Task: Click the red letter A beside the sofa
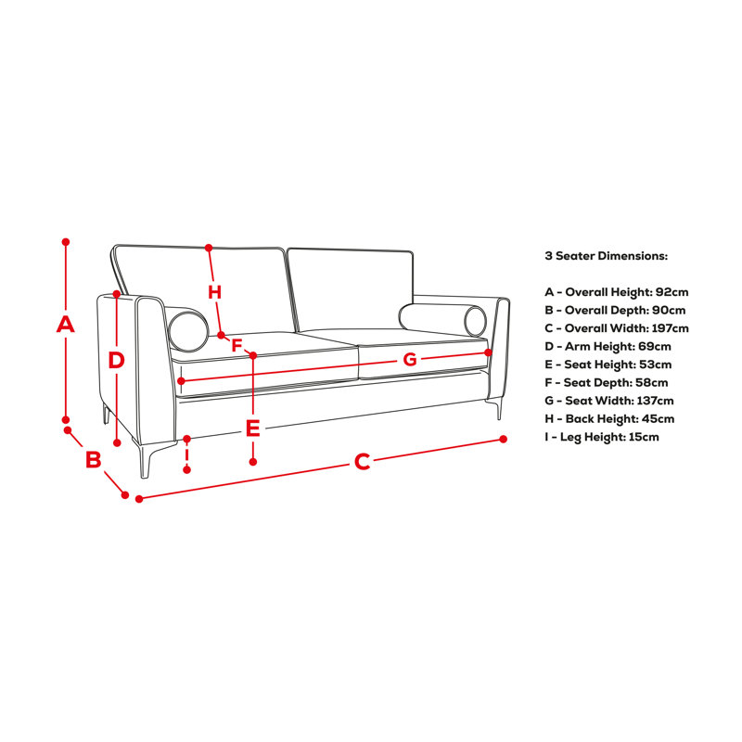65,324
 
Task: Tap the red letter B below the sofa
94,459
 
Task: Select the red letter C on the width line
362,461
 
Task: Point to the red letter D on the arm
116,360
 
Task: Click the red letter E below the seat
252,429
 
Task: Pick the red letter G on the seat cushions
410,360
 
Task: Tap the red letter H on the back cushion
215,292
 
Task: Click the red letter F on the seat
237,345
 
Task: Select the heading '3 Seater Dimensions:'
607,256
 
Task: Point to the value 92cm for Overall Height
672,292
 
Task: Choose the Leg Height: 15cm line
601,437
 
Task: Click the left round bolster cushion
188,331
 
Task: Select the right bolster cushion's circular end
475,321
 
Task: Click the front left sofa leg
145,459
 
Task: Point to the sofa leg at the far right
498,409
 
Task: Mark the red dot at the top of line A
66,242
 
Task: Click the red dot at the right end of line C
503,439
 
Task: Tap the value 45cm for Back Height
658,419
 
